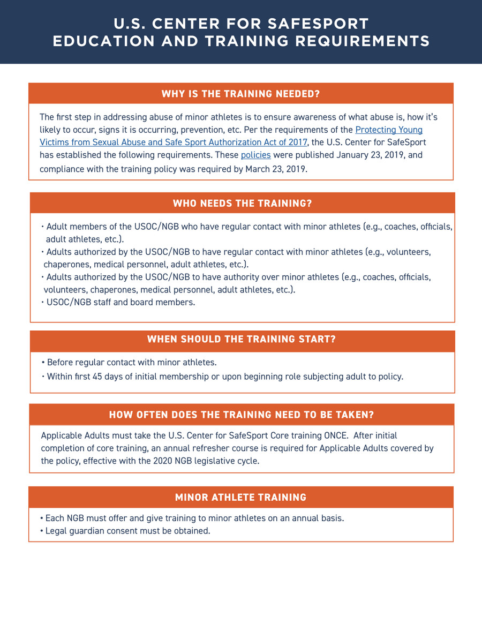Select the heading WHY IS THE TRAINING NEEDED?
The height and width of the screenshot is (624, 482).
(241, 94)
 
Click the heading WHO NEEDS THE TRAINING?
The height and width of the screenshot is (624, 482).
(242, 204)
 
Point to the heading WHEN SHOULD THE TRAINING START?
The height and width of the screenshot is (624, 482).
(242, 339)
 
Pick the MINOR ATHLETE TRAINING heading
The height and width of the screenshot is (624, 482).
(241, 498)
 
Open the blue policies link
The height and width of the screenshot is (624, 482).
(255, 155)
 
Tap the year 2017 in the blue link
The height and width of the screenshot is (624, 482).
(297, 142)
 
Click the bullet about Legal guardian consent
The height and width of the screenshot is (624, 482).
(126, 531)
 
